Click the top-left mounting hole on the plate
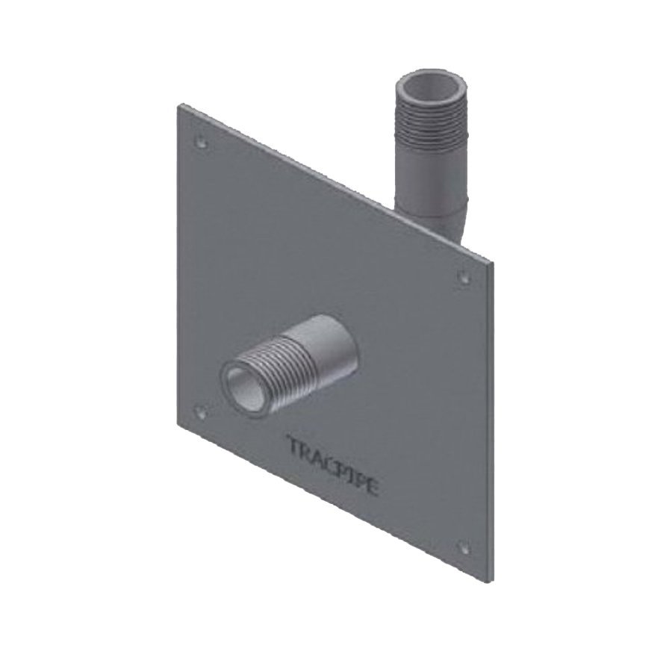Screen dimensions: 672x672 (x=199, y=139)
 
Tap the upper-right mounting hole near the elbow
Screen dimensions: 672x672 (x=463, y=278)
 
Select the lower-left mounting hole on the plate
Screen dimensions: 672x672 (x=199, y=410)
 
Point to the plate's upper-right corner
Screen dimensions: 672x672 (x=491, y=263)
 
